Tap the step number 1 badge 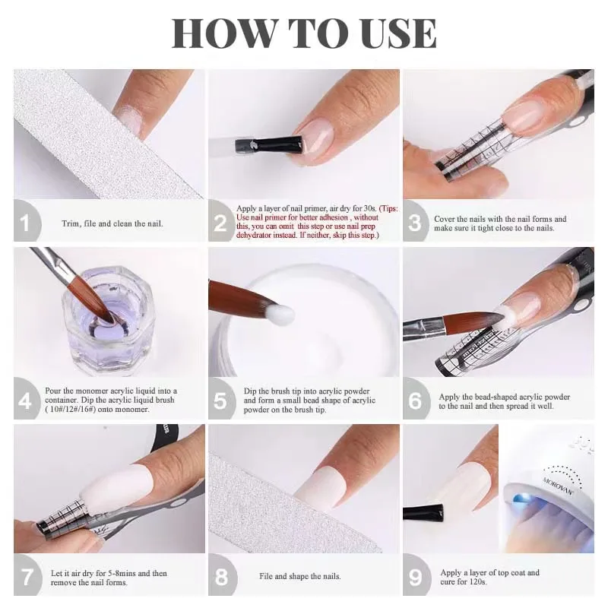pos(27,221)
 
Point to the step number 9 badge pos(416,575)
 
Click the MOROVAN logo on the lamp pos(558,486)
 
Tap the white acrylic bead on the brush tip pos(282,312)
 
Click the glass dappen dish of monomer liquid pos(109,321)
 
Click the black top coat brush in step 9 pos(423,512)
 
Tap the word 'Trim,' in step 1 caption pos(71,223)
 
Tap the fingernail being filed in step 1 pos(131,119)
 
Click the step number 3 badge pos(416,221)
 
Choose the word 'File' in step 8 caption pos(266,576)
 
